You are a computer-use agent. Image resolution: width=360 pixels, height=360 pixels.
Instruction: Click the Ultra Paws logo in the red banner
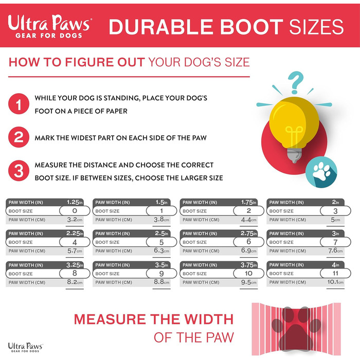pos(50,26)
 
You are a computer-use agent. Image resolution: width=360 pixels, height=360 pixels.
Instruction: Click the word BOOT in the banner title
pos(251,27)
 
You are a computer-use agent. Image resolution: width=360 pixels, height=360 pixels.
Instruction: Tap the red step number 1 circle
pos(19,104)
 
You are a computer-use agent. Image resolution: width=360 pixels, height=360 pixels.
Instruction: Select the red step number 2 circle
pos(19,137)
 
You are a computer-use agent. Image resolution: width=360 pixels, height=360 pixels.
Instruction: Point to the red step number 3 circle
pos(19,171)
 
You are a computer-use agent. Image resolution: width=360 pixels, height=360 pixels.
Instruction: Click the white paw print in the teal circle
pos(321,171)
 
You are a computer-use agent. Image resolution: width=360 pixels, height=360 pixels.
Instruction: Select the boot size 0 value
pos(75,211)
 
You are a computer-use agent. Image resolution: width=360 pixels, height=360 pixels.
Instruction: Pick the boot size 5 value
pos(161,242)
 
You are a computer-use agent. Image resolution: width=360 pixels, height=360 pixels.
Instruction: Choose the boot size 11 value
pos(335,273)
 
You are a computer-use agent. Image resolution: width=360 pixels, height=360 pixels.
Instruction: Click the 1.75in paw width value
pos(249,202)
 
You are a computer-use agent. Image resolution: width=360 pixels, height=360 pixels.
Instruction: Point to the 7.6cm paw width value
pos(335,250)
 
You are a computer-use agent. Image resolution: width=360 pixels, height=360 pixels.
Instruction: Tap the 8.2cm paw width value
pos(75,282)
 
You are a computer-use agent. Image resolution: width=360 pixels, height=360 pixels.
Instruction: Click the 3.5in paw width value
pos(161,265)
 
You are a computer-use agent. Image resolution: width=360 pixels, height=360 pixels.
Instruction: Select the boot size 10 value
pos(248,273)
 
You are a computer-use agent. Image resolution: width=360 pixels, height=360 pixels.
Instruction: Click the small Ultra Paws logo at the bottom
pos(25,347)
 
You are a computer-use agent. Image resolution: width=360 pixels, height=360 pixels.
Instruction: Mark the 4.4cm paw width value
pos(248,220)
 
